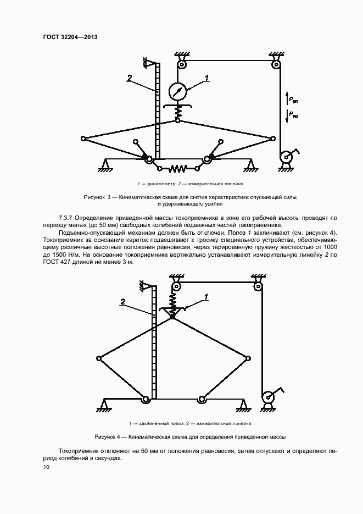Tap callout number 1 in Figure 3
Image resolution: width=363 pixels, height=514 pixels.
pyautogui.click(x=207, y=78)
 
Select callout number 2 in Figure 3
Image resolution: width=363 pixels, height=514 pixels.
pyautogui.click(x=130, y=78)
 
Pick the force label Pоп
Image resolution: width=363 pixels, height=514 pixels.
pyautogui.click(x=293, y=100)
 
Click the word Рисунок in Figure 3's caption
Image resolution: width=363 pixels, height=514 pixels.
pyautogui.click(x=94, y=196)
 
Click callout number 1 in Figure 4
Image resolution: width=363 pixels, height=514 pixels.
pyautogui.click(x=206, y=297)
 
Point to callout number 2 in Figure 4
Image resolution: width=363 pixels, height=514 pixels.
pyautogui.click(x=123, y=301)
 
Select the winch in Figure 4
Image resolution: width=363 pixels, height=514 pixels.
pyautogui.click(x=269, y=397)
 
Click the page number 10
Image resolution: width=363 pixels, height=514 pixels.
pyautogui.click(x=46, y=467)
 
